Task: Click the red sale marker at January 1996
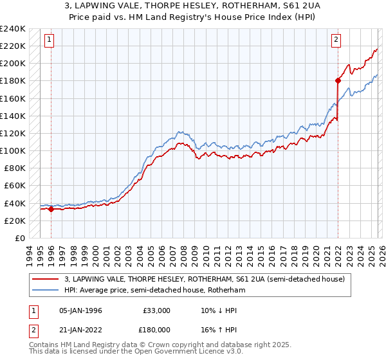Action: click(x=51, y=209)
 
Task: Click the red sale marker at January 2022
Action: click(x=338, y=80)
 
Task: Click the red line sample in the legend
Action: click(x=45, y=279)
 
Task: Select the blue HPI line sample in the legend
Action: click(x=45, y=291)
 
